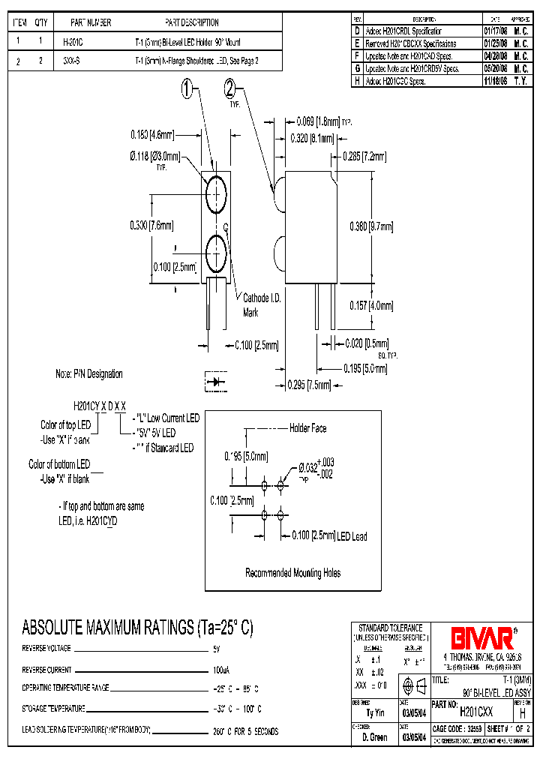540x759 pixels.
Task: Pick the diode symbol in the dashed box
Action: click(x=217, y=382)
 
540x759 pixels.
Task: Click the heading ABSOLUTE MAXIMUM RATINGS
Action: click(x=137, y=627)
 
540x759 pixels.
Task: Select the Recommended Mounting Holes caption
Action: click(x=292, y=573)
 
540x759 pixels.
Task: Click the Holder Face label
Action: click(x=307, y=428)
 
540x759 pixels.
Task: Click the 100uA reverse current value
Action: click(x=223, y=669)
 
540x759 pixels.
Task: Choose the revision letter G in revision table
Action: click(x=357, y=68)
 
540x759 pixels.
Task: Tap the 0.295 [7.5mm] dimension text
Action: click(x=309, y=385)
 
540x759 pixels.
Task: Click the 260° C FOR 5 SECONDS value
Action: click(x=247, y=730)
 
